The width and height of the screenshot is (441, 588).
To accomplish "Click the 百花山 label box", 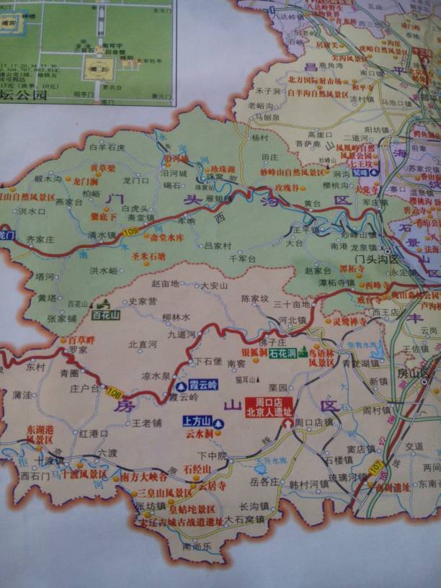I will coord(105,315).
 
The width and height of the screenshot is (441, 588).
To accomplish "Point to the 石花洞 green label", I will coord(282,353).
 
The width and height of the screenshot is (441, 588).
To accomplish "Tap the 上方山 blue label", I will coord(196,422).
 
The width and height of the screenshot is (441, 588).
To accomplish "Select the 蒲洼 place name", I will coord(23,395).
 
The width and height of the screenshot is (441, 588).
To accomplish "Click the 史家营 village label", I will coord(142,301).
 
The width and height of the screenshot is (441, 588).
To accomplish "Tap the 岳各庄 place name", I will coord(264,481).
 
